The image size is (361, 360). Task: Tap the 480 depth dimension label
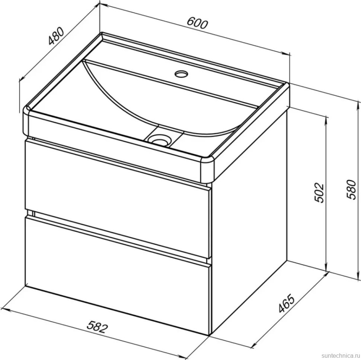[x=56, y=36]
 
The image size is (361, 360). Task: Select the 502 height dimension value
[x=319, y=193]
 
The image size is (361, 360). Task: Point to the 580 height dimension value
[x=352, y=189]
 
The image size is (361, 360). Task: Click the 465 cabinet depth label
[x=287, y=303]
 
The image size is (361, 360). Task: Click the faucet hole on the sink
[x=181, y=74]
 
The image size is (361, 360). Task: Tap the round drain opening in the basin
[x=159, y=140]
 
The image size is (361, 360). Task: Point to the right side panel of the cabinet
[x=249, y=219]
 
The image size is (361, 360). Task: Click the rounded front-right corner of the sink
[x=207, y=168]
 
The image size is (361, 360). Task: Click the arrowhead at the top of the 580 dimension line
[x=358, y=104]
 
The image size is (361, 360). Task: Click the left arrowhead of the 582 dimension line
[x=5, y=309]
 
